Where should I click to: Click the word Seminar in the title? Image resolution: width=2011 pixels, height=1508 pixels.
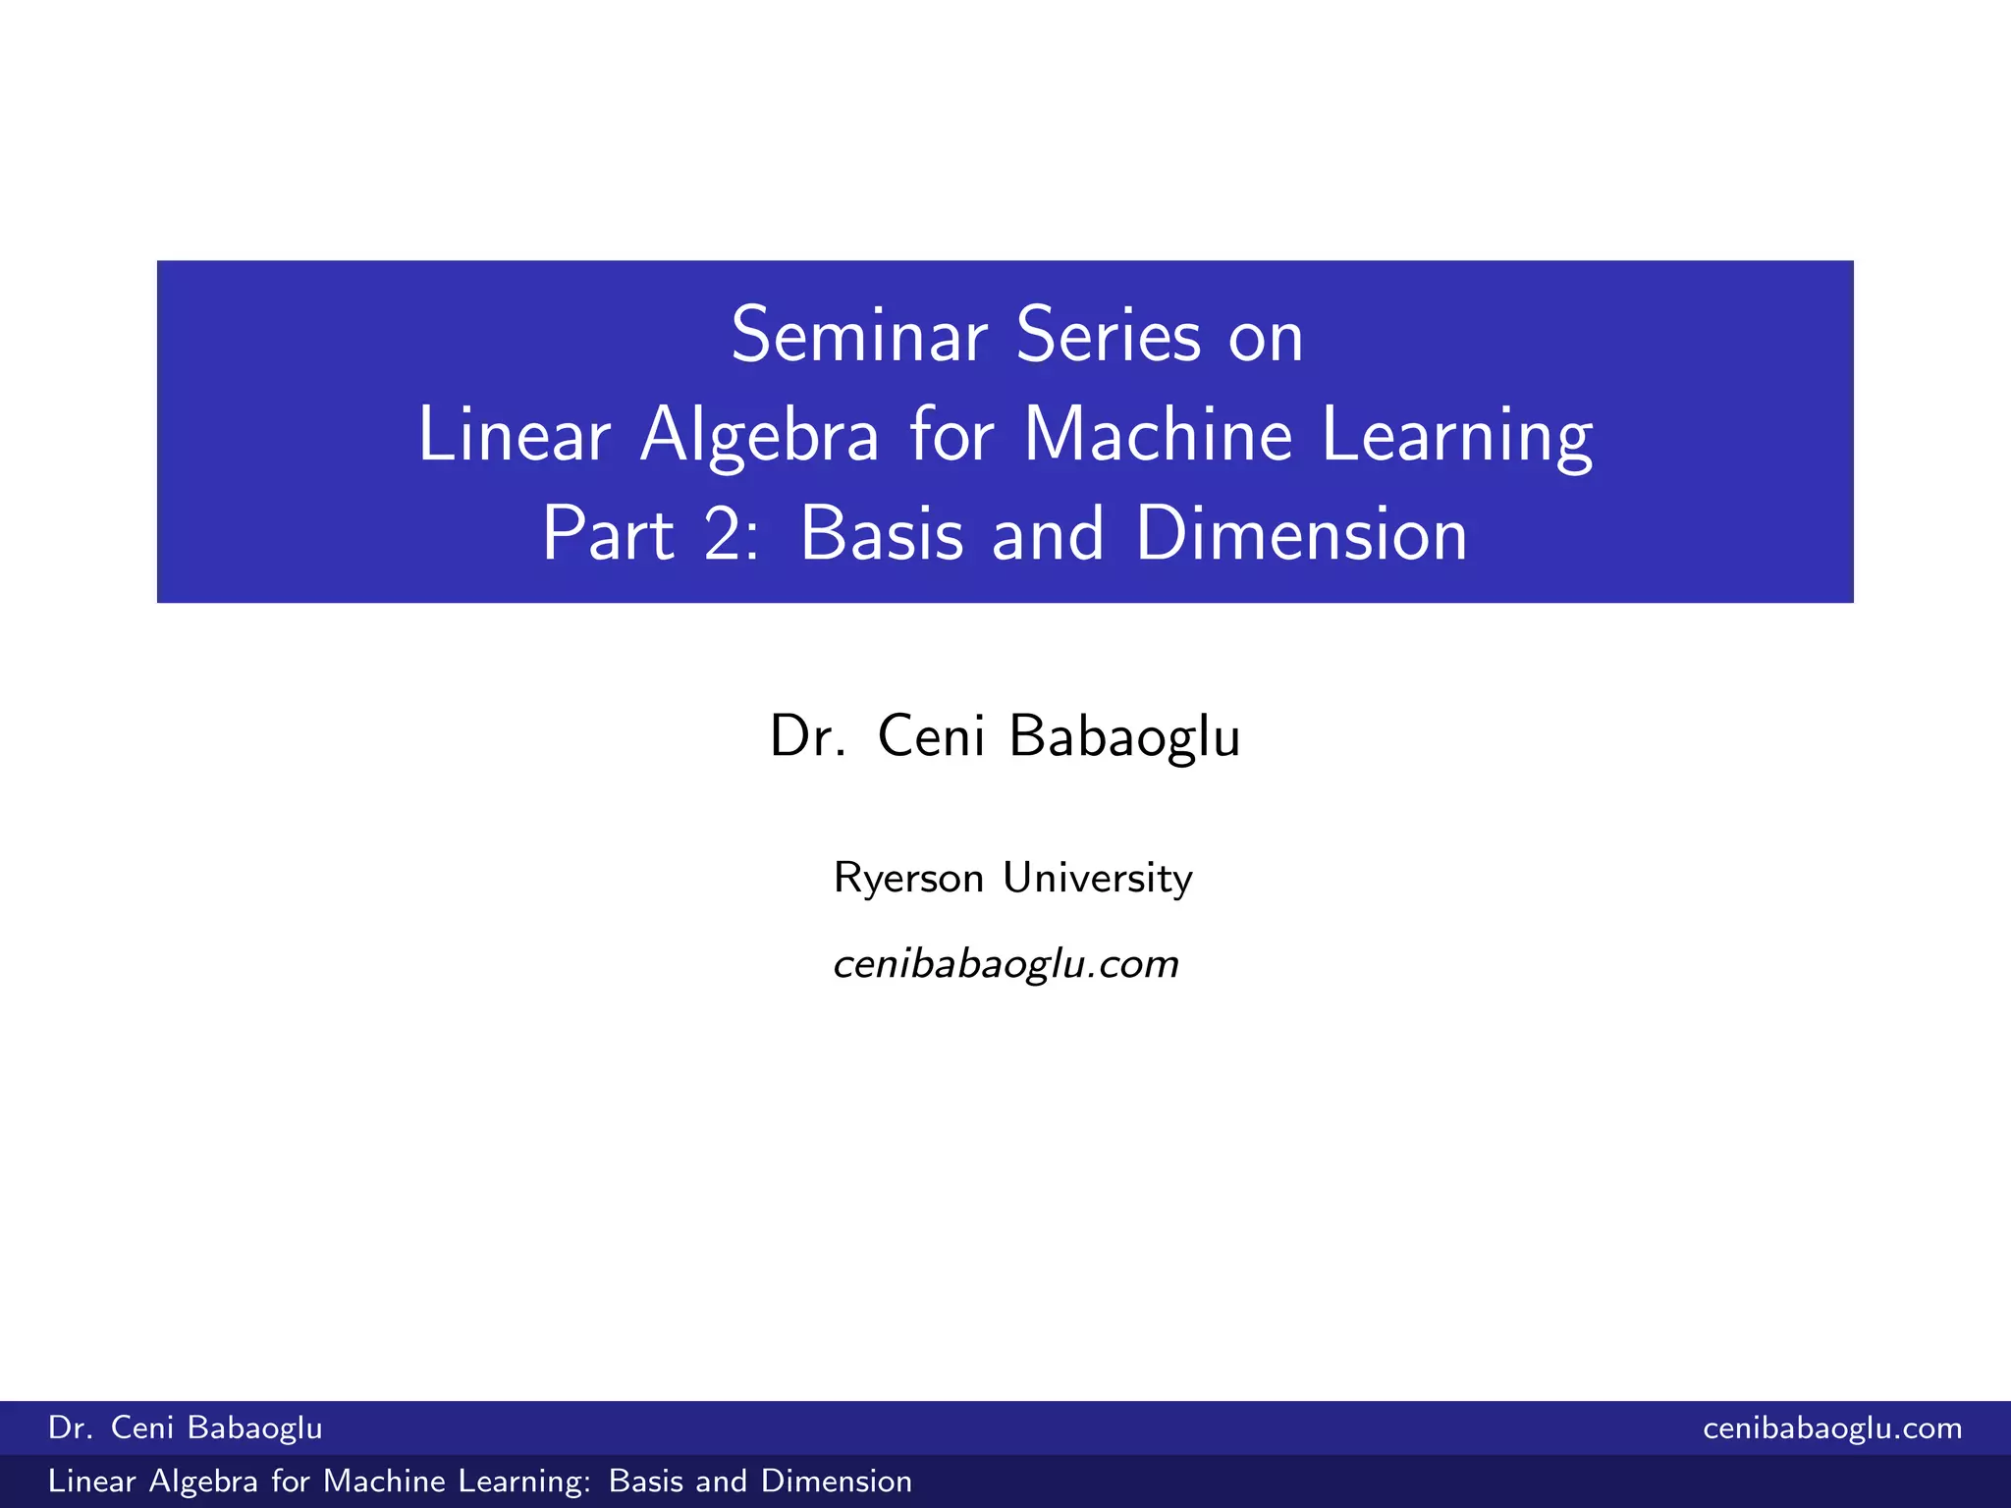pos(859,337)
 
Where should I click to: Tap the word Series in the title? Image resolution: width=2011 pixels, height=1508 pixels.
pos(1109,337)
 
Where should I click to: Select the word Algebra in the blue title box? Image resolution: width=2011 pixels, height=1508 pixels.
pos(759,437)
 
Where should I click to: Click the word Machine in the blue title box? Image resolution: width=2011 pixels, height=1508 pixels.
pos(1158,435)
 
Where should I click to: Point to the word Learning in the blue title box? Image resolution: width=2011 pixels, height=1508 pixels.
pos(1457,437)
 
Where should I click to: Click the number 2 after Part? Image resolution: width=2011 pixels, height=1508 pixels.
pos(723,535)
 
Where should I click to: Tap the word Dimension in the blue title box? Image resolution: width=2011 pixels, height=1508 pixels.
pos(1301,535)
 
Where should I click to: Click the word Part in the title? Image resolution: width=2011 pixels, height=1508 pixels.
pos(608,535)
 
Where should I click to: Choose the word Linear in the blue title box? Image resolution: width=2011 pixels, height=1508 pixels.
pos(514,435)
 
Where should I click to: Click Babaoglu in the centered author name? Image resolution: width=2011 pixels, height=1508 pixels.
pos(1124,737)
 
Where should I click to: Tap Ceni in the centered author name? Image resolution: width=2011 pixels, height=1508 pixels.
pos(931,735)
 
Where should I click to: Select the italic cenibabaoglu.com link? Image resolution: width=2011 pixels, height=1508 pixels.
pos(1005,964)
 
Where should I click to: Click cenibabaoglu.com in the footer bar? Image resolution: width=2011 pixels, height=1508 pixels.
pos(1832,1428)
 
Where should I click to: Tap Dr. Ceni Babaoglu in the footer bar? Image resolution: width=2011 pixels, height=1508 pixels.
pos(186,1428)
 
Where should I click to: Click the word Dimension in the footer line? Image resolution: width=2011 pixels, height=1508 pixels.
pos(837,1481)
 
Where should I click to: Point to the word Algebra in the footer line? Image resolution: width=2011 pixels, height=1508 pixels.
pos(203,1481)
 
